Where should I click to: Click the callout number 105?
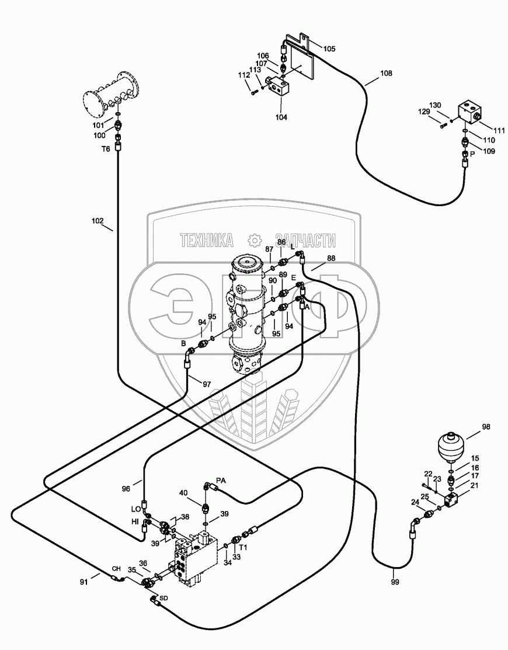329,49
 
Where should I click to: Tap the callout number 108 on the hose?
386,74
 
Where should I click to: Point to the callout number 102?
98,221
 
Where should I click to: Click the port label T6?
106,149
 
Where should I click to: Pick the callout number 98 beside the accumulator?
486,427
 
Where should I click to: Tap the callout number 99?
395,582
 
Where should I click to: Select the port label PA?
221,481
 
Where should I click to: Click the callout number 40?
183,493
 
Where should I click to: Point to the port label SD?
163,598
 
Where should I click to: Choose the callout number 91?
84,582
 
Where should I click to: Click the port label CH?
116,569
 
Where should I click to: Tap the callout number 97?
207,384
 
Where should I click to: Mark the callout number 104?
281,117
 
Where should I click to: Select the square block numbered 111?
470,113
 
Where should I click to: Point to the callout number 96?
126,489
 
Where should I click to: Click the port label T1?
243,547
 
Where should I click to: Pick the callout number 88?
331,258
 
